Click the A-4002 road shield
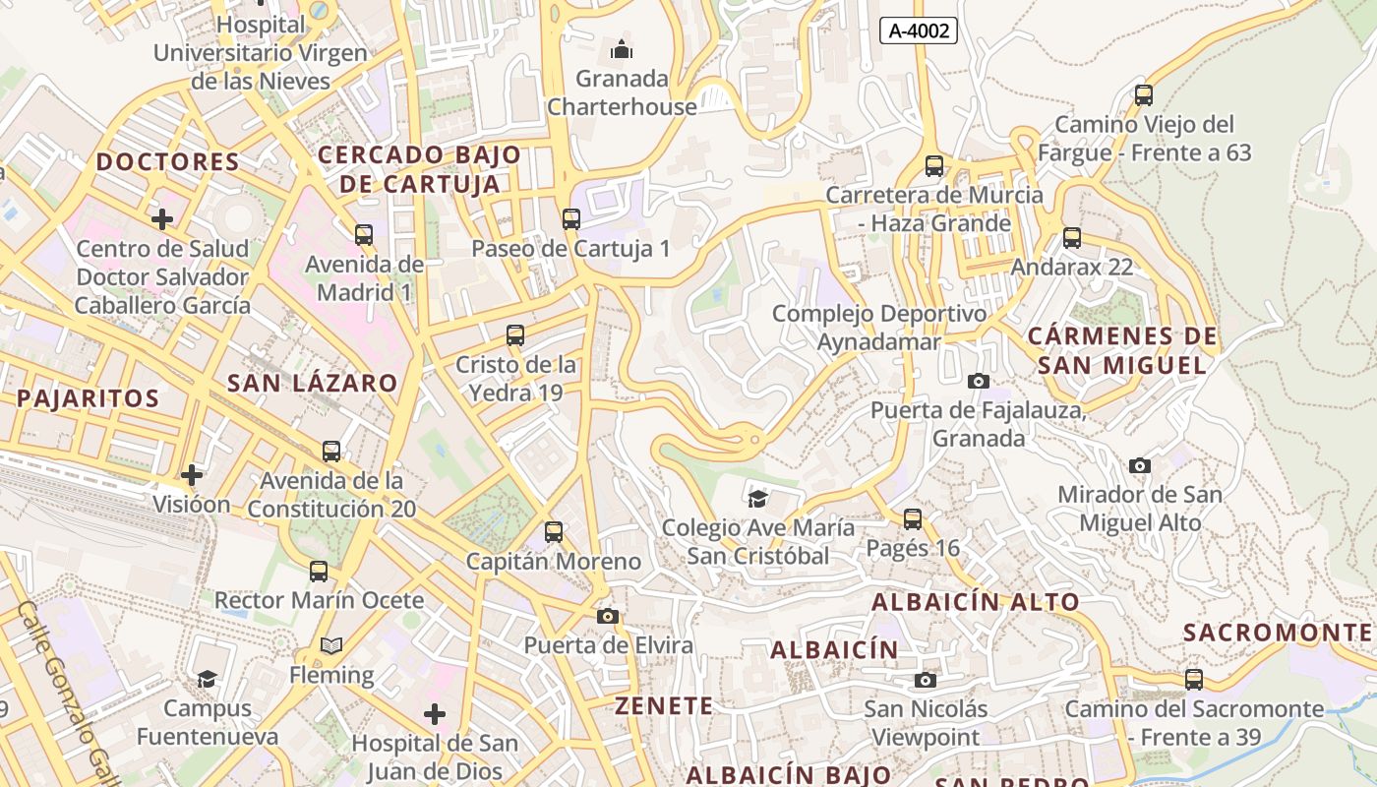click(919, 30)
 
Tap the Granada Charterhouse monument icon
click(622, 48)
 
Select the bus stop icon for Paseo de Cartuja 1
click(571, 218)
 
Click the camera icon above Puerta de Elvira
click(608, 616)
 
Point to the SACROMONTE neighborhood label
click(1278, 632)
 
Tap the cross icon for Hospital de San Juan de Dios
click(435, 714)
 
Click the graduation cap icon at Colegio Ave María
click(757, 499)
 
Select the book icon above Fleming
click(331, 645)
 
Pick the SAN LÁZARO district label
click(313, 383)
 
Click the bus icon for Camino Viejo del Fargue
click(1144, 95)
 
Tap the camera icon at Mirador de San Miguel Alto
click(1140, 465)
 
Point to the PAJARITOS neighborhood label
click(89, 398)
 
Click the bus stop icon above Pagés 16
click(913, 518)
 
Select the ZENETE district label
click(664, 705)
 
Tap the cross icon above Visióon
click(192, 475)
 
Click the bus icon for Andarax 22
click(1072, 238)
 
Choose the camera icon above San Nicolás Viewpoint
click(925, 680)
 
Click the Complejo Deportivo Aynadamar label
click(879, 328)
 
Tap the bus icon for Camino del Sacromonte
click(1194, 679)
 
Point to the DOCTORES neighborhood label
click(168, 161)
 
